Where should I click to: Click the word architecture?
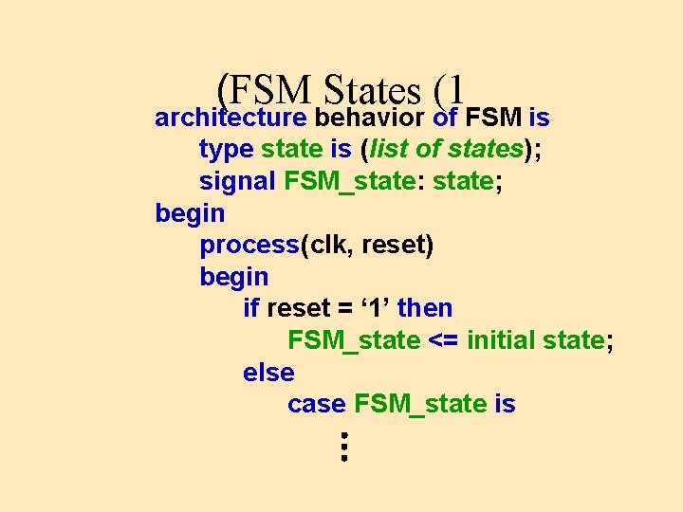click(x=231, y=119)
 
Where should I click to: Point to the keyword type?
click(x=226, y=150)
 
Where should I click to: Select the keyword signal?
click(x=237, y=181)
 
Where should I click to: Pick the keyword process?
click(x=249, y=246)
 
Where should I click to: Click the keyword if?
click(x=251, y=308)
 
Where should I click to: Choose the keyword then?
click(x=425, y=308)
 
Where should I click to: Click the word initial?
click(x=501, y=339)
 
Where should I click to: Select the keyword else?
click(x=268, y=373)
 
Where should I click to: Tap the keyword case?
click(x=316, y=404)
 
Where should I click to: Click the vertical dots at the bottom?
click(x=344, y=446)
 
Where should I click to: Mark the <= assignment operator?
click(x=443, y=340)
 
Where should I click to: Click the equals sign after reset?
click(x=342, y=308)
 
